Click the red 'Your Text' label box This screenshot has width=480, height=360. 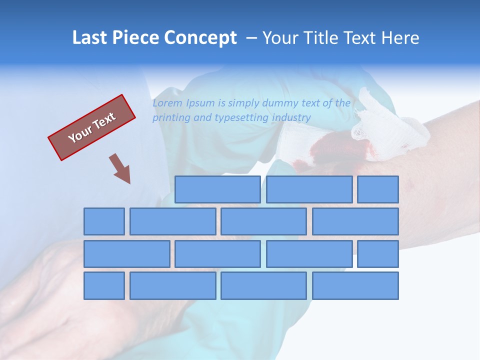[91, 127]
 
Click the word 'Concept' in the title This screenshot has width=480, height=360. [201, 38]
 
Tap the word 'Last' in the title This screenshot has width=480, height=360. [90, 38]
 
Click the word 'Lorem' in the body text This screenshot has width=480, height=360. [167, 103]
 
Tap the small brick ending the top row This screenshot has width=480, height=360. [378, 189]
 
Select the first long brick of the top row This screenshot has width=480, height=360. [217, 189]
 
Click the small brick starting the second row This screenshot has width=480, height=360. [104, 221]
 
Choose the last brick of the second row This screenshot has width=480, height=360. [355, 221]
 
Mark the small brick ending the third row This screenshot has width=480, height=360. [378, 254]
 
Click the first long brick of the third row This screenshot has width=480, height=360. [126, 254]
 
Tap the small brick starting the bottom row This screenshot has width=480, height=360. [104, 285]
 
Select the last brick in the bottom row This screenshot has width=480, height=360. [355, 285]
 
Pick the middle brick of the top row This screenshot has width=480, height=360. [309, 189]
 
